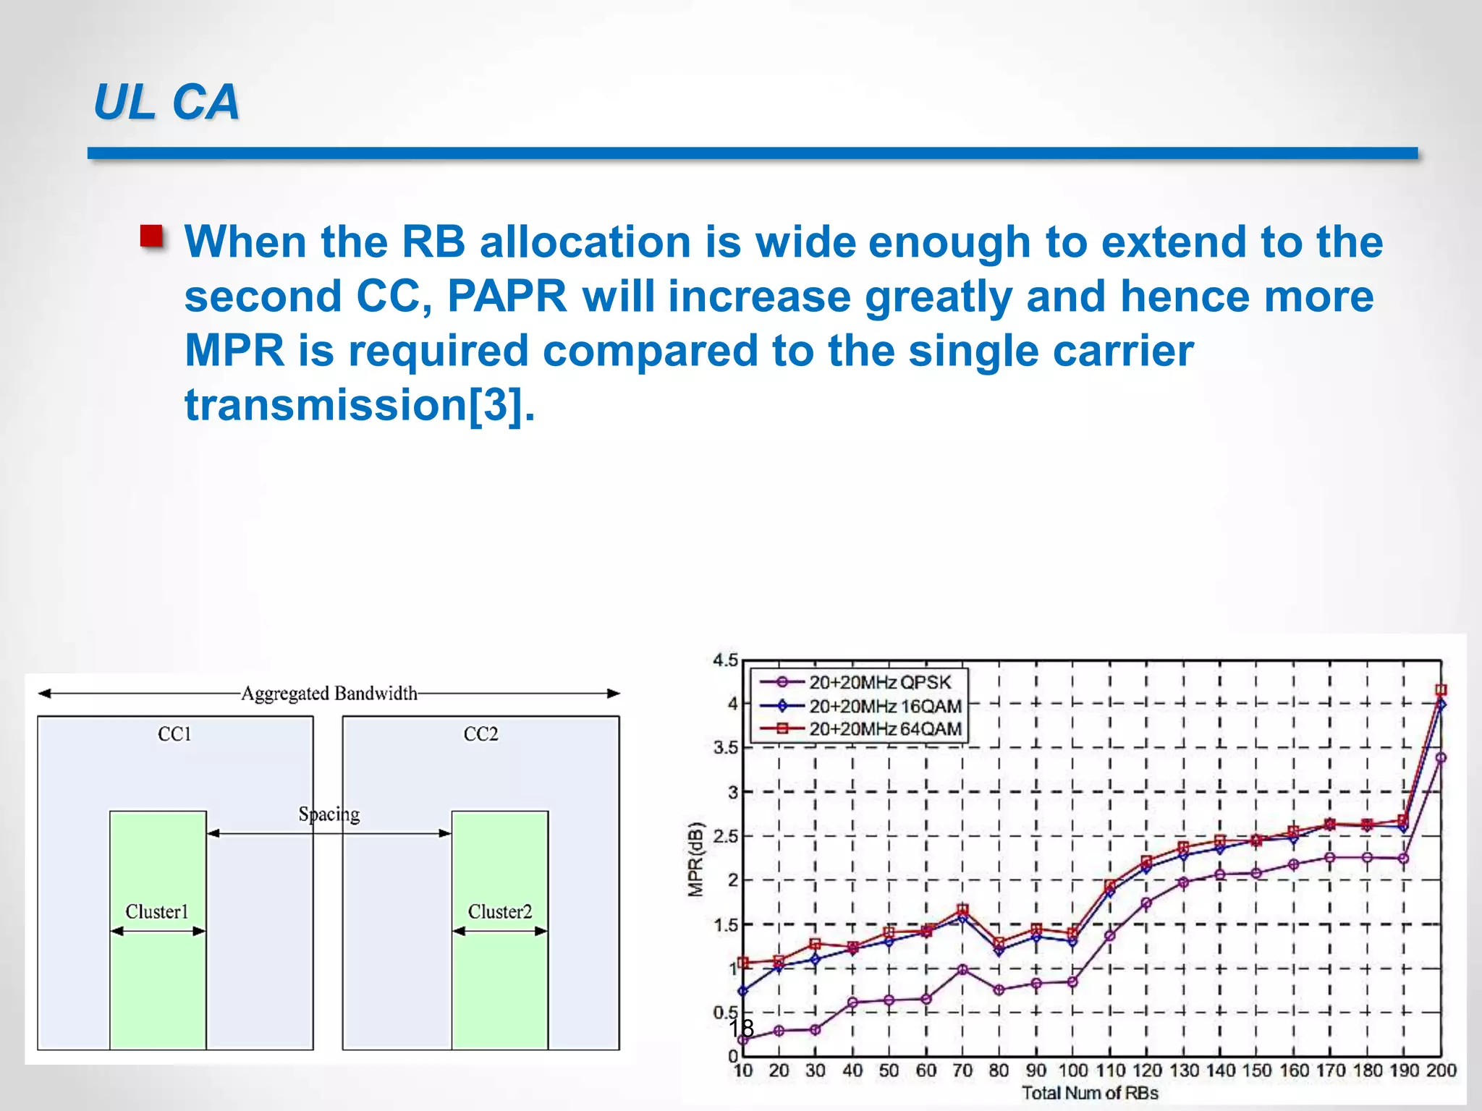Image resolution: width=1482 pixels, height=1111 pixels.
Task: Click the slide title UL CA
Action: point(166,102)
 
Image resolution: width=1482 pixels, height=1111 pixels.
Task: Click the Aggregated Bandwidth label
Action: point(329,694)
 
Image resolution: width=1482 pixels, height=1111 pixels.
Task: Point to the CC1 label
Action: point(174,734)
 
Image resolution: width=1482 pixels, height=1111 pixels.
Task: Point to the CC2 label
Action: point(480,734)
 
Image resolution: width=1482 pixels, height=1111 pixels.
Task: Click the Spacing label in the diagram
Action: point(329,814)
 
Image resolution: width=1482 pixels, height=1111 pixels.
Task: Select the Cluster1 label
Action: point(157,911)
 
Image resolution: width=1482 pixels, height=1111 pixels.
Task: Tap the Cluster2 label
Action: point(499,911)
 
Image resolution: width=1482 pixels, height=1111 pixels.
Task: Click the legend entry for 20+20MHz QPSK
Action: point(879,682)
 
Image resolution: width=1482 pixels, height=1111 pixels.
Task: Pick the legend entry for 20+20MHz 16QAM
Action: point(884,706)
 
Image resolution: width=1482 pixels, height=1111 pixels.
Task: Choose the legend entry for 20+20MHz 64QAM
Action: point(884,729)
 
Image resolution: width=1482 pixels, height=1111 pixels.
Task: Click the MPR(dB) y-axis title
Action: point(695,859)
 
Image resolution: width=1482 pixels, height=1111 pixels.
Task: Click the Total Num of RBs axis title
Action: point(1090,1093)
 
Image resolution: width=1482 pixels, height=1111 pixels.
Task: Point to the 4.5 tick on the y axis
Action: point(725,660)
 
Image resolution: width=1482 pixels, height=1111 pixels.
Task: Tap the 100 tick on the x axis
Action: point(1072,1070)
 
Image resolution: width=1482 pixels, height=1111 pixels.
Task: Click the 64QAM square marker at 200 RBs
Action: point(1440,690)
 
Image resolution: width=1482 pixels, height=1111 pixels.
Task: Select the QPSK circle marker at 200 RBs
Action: point(1440,758)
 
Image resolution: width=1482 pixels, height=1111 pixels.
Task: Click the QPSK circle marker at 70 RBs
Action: point(962,969)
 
